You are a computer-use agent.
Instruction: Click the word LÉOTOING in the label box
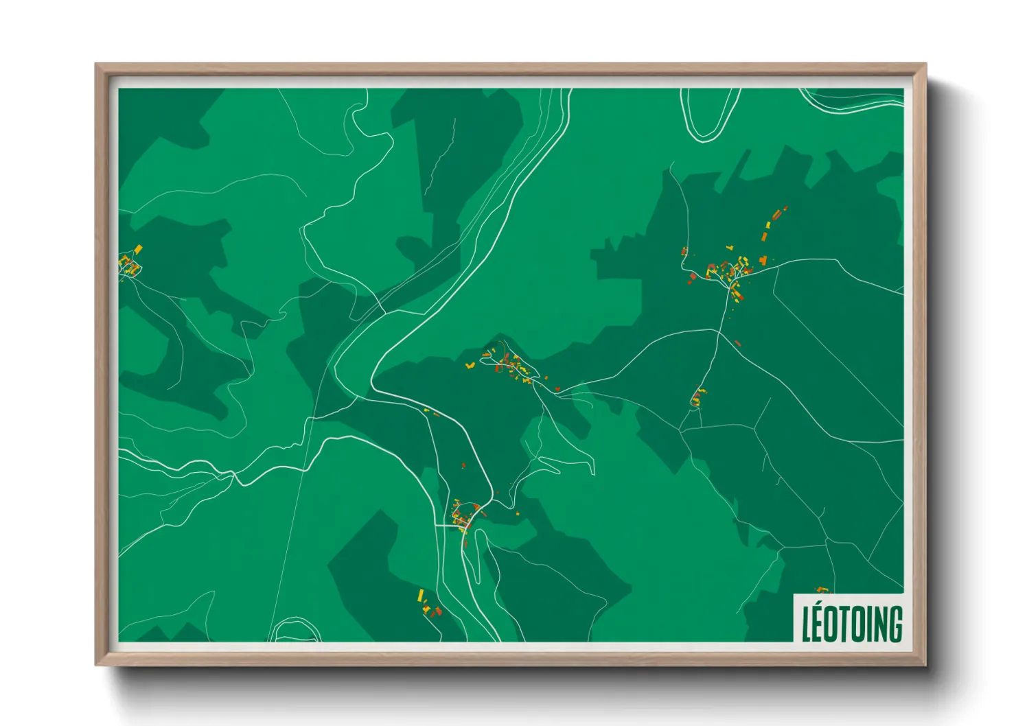852,623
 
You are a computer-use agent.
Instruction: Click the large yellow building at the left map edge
138,249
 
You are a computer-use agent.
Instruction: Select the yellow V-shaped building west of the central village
470,366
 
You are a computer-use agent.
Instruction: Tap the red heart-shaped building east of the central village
557,389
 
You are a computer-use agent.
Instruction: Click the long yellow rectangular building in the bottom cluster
421,594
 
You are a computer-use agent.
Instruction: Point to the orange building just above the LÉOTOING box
821,589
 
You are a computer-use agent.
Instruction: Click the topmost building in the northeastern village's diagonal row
785,207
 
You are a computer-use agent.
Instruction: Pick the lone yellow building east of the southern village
517,513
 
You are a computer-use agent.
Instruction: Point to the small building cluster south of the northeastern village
697,397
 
